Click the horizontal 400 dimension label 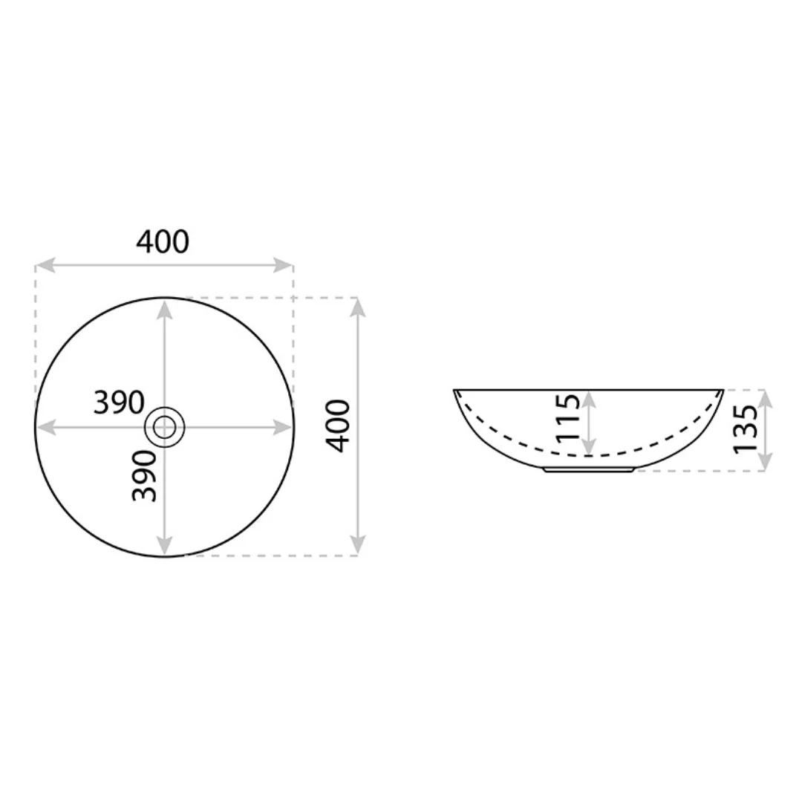[163, 241]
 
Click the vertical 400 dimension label [338, 426]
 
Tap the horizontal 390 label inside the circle [119, 402]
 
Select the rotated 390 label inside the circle [144, 476]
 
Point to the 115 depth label [568, 417]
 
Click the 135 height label [746, 428]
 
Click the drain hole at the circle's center [165, 427]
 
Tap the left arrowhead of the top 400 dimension [45, 265]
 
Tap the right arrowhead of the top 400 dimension [284, 265]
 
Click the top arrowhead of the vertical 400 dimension [358, 307]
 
